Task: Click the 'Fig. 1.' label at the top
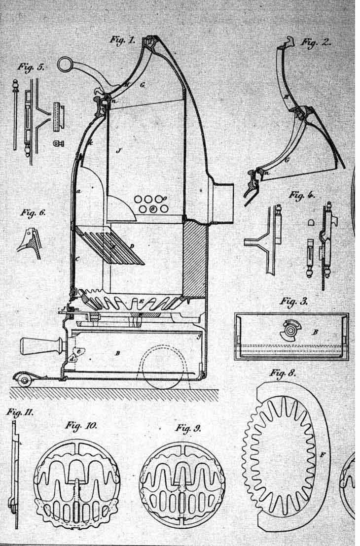(x=122, y=40)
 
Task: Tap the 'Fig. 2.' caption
(x=316, y=42)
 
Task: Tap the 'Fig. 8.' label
(x=283, y=373)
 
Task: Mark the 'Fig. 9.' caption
(x=188, y=428)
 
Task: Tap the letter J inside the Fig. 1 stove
(x=117, y=151)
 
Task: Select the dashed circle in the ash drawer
(x=163, y=370)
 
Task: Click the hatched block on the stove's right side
(x=194, y=259)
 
